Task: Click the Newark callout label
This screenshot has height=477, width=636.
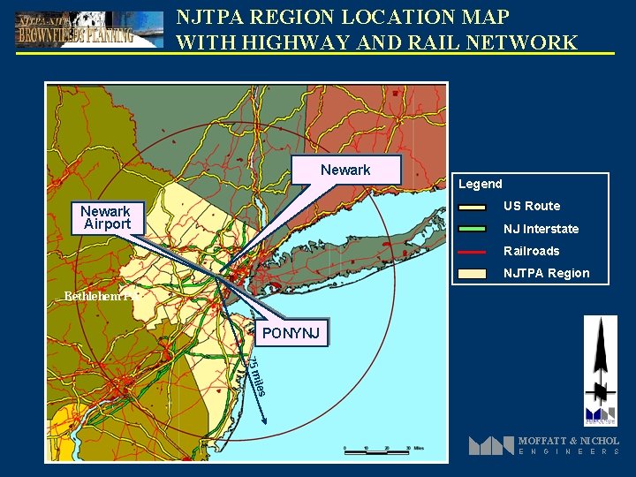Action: (x=345, y=170)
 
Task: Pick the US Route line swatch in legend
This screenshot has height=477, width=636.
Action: (x=473, y=207)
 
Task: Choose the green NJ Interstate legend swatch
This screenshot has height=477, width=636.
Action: (x=473, y=229)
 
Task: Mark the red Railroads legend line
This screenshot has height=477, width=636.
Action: (x=473, y=251)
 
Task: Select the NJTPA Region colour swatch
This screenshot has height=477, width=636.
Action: (x=473, y=273)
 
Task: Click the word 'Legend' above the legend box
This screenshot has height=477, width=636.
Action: (x=480, y=184)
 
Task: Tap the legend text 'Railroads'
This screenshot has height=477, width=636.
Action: (x=531, y=251)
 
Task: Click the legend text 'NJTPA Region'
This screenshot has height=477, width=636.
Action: (x=546, y=273)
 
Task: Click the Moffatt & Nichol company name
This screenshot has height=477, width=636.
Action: (x=568, y=440)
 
